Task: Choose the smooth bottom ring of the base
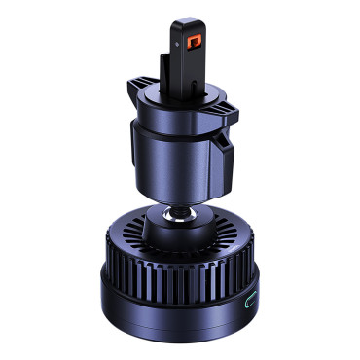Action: point(175,311)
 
